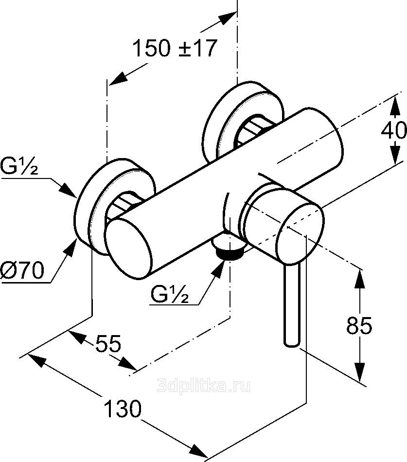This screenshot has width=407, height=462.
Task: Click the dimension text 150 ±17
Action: point(175,48)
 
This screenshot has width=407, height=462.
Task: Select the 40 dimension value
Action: point(394,130)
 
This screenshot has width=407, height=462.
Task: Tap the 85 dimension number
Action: point(359,325)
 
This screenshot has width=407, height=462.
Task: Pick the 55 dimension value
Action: point(108,343)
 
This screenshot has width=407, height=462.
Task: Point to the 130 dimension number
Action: point(123,409)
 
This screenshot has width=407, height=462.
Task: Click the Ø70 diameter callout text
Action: point(22,270)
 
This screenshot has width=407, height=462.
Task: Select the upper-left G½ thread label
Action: point(19,167)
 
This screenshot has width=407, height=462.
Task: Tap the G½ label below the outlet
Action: point(169,294)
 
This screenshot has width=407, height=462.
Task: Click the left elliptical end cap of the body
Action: point(129,249)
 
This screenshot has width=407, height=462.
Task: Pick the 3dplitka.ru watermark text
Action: point(204,386)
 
